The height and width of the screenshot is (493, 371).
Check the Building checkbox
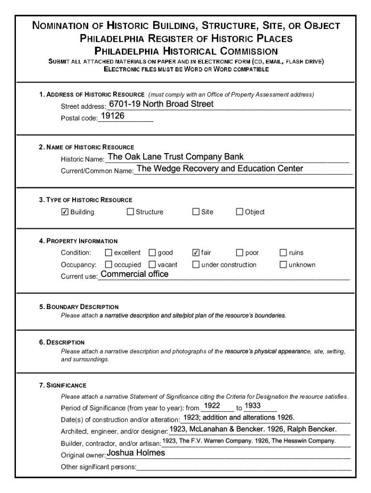point(65,212)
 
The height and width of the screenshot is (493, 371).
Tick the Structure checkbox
point(130,212)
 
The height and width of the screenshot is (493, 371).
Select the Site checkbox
point(196,212)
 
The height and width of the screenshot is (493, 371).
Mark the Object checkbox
point(239,212)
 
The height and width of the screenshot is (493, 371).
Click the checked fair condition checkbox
point(196,253)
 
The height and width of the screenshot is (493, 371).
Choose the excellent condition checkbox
point(108,253)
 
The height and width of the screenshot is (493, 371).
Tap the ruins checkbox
point(283,253)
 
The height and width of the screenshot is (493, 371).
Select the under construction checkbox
point(196,264)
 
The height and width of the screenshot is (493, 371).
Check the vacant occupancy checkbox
point(152,264)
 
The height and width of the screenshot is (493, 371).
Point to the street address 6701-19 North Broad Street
point(161,104)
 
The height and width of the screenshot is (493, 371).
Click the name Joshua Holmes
point(135,453)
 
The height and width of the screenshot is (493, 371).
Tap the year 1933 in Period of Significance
point(253,406)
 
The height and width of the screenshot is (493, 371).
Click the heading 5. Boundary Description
point(79,307)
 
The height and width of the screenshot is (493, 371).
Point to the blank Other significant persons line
point(243,467)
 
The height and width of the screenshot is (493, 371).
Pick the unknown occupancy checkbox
point(283,264)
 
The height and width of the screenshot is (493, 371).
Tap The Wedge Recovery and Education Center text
point(220,169)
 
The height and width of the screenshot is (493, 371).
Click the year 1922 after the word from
point(212,406)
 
